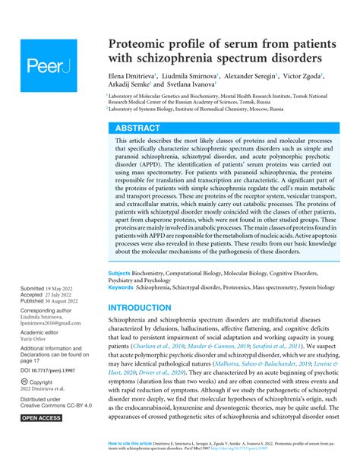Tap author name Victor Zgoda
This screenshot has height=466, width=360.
tap(301, 76)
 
